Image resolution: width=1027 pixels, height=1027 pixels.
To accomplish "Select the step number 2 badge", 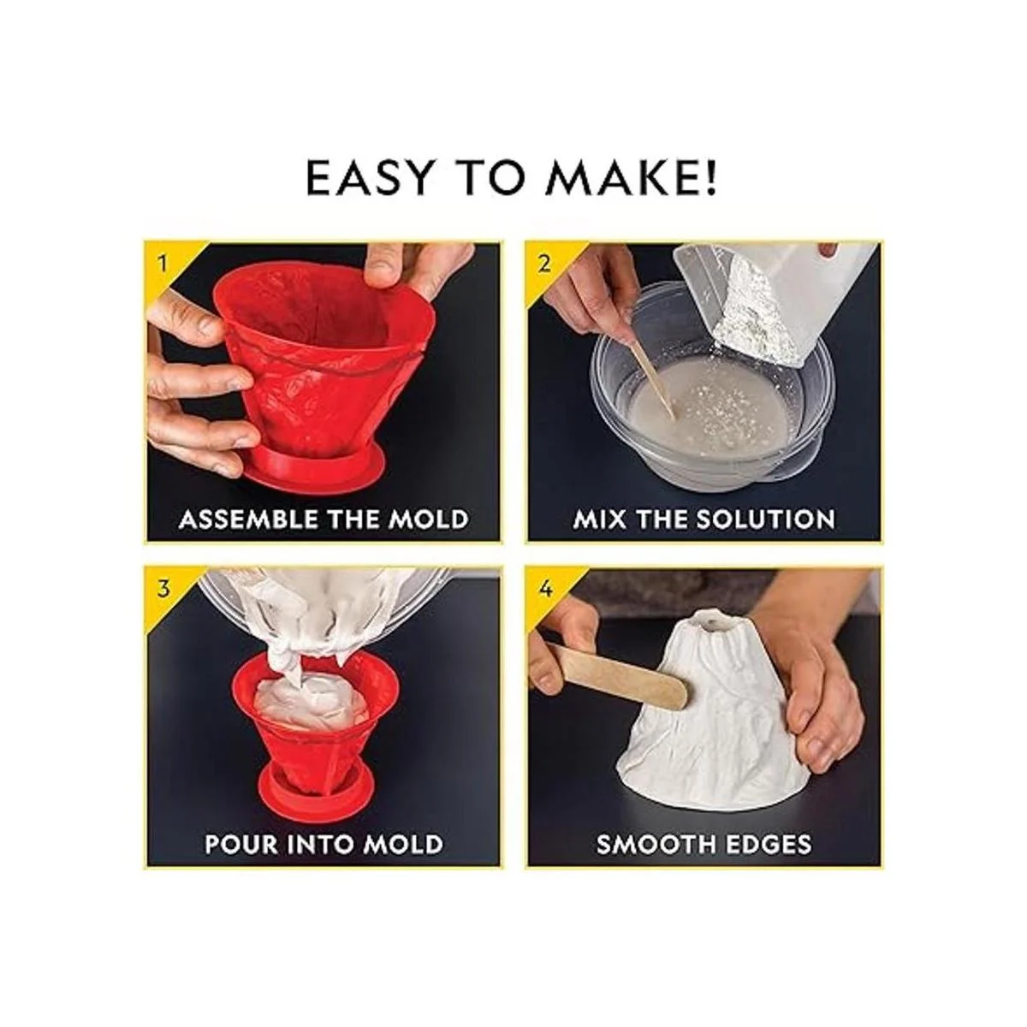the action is click(543, 263).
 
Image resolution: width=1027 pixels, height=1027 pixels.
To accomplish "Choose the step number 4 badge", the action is click(544, 589).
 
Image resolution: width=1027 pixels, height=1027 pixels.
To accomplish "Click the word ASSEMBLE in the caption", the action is click(255, 519).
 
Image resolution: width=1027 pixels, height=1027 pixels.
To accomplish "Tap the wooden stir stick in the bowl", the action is click(650, 374).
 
